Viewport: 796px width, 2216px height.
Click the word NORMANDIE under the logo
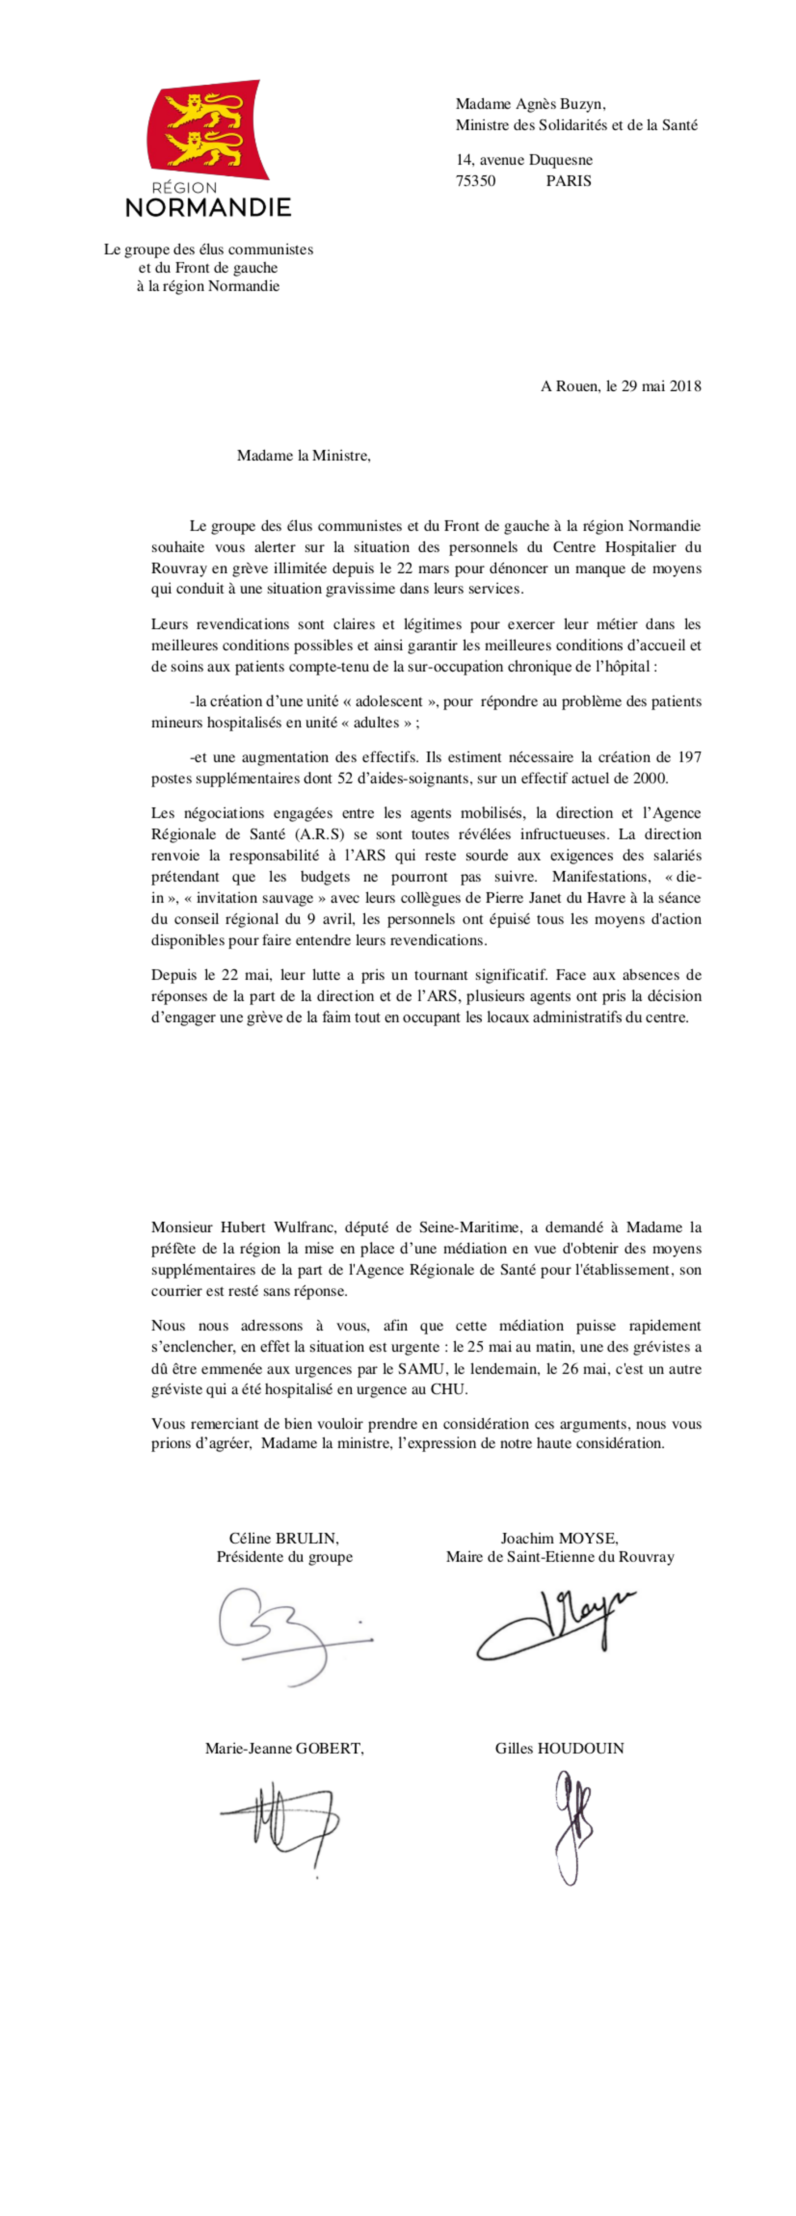click(208, 207)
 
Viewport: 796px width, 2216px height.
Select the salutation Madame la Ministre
click(304, 456)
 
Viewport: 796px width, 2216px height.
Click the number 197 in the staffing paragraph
click(689, 757)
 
